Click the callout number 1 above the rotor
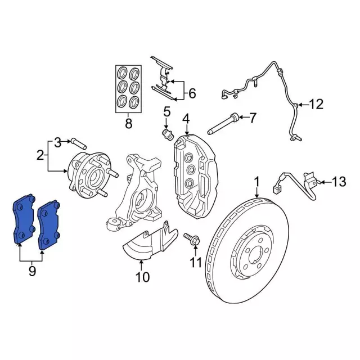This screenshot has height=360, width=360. (256, 182)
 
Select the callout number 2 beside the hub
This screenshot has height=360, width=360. (40, 155)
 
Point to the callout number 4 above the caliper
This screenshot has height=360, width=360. (186, 119)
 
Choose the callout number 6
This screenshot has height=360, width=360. (191, 93)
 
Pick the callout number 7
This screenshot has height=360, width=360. (252, 118)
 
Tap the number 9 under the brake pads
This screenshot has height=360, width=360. (32, 272)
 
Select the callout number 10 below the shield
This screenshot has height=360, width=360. (142, 276)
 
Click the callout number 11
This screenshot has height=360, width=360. (195, 262)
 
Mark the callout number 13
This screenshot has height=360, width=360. (337, 182)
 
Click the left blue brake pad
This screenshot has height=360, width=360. (24, 220)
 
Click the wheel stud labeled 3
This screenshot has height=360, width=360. (77, 141)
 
